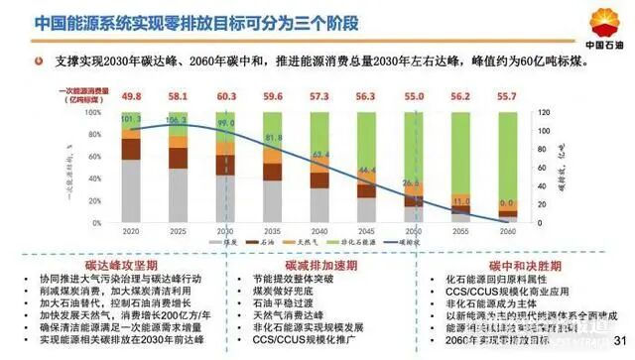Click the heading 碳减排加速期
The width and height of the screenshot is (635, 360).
(x=317, y=267)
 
